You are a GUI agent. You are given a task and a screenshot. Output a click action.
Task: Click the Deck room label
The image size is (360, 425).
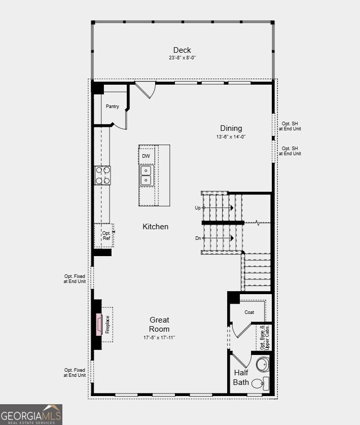(182, 50)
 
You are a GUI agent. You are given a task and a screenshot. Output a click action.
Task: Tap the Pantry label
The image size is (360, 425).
(112, 107)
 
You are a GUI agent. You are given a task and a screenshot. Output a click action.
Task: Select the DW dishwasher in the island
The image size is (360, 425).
(146, 156)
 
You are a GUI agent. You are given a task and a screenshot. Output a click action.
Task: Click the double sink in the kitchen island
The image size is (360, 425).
(146, 175)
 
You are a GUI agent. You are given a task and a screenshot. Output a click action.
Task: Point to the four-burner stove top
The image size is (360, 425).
(102, 175)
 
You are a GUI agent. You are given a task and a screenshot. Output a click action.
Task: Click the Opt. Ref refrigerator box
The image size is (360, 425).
(104, 235)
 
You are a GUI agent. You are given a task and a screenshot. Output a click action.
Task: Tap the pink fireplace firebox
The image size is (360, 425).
(99, 325)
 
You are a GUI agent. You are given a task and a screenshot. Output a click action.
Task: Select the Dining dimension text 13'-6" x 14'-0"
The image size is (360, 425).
(231, 136)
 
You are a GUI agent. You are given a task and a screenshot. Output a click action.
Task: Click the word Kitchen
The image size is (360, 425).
(155, 227)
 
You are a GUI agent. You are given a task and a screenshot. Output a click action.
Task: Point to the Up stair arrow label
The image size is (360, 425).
(198, 208)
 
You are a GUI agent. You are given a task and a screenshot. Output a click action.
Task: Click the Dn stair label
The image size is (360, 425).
(198, 238)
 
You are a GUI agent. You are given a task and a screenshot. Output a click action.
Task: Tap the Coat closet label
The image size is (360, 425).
(249, 312)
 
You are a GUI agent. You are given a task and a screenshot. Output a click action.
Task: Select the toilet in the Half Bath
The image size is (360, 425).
(260, 383)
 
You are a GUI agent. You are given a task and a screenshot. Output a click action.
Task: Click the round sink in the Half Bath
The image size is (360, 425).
(263, 365)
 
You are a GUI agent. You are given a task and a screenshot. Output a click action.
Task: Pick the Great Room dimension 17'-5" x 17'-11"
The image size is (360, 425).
(159, 337)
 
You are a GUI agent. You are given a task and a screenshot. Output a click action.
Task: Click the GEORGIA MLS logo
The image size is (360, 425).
(31, 414)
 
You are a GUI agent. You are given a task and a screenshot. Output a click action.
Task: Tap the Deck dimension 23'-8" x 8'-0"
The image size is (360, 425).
(182, 58)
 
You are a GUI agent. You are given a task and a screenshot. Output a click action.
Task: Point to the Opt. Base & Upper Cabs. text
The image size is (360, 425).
(265, 337)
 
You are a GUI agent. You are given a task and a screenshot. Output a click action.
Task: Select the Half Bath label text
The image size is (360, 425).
(241, 377)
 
